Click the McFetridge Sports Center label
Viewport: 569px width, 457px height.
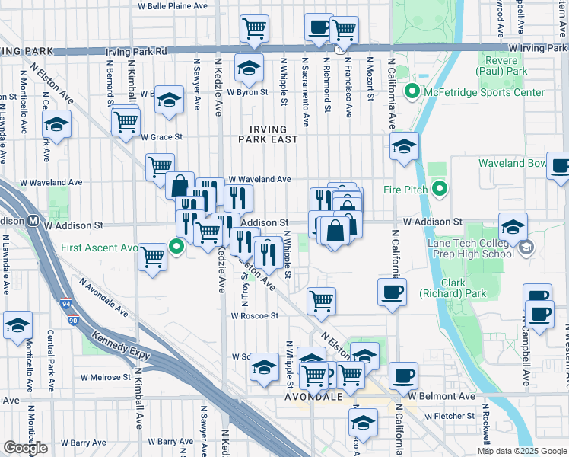click(x=484, y=93)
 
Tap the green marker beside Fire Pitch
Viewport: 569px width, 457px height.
click(x=439, y=188)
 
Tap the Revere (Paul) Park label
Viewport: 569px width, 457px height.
click(x=501, y=66)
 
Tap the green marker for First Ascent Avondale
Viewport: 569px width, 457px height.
click(x=177, y=246)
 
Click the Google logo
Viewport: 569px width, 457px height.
click(x=25, y=448)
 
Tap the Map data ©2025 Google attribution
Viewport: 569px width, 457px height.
click(x=522, y=451)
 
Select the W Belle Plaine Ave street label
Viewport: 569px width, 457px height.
click(x=172, y=5)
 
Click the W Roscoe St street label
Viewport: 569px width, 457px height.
click(x=254, y=315)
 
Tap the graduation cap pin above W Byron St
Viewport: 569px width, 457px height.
click(x=248, y=68)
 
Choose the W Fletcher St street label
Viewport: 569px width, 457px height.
click(x=450, y=417)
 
